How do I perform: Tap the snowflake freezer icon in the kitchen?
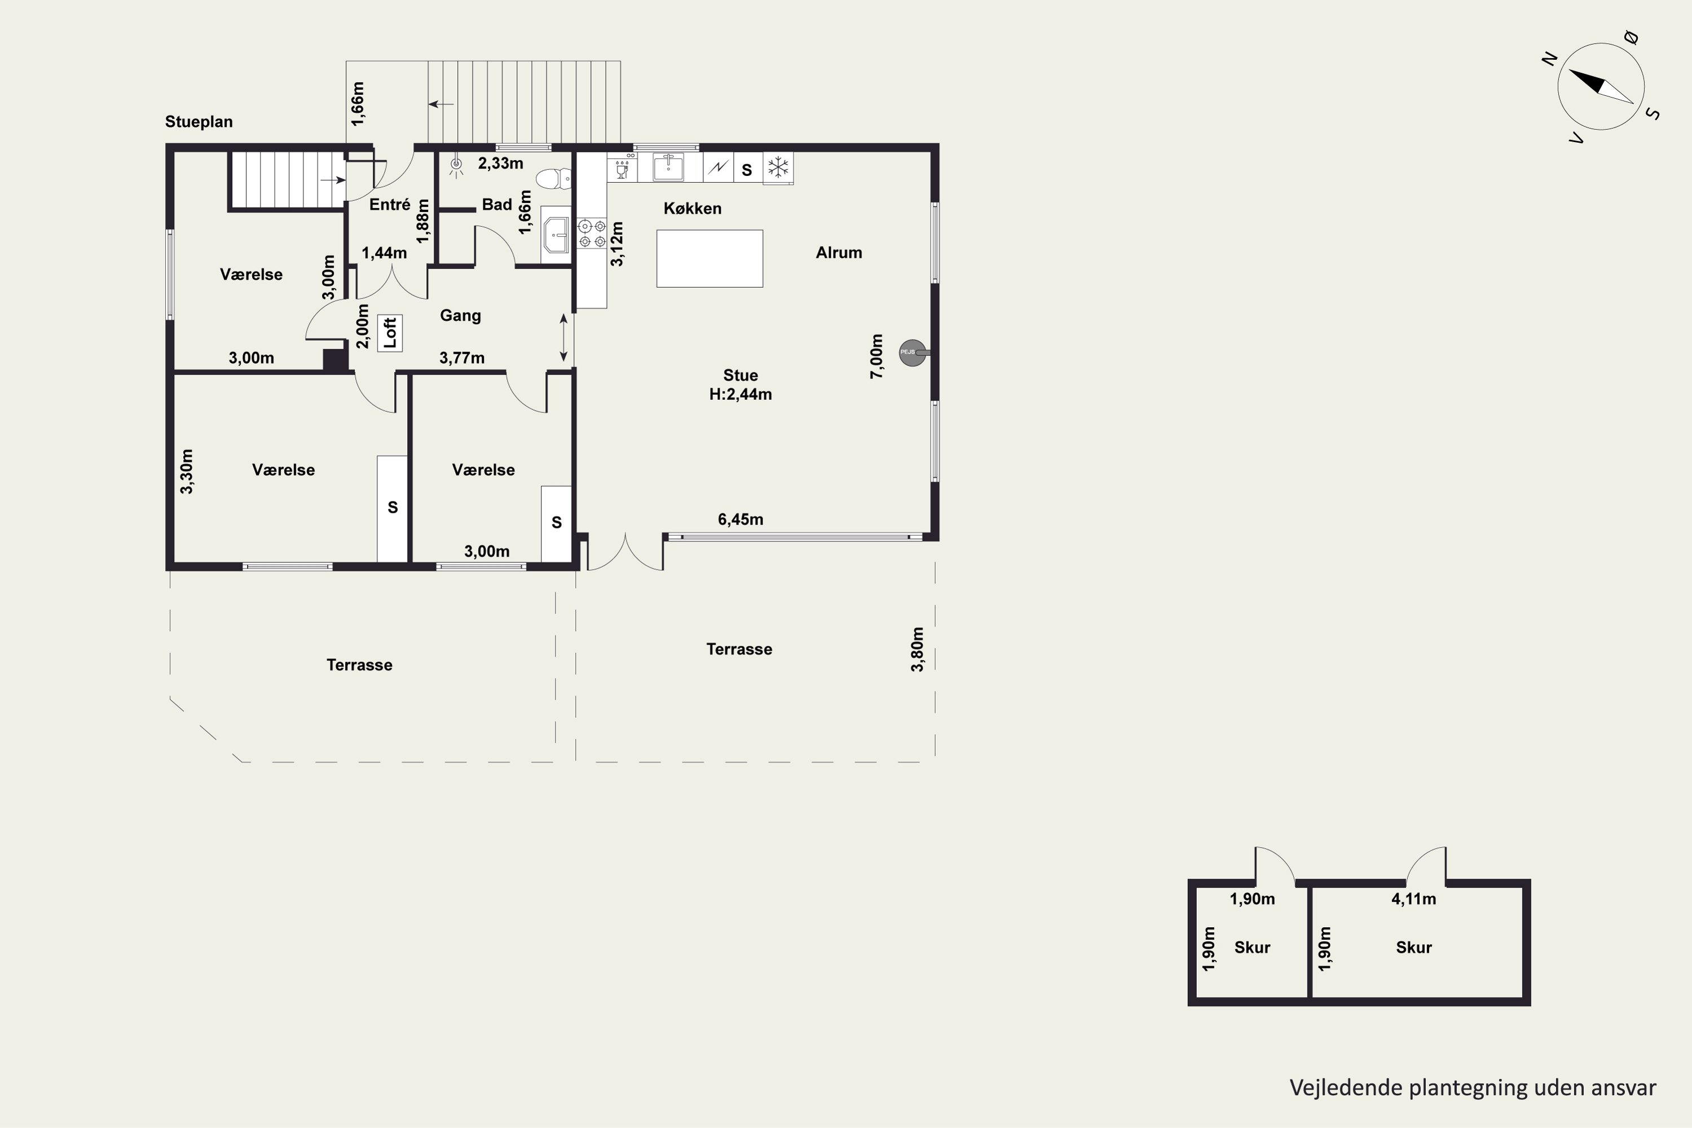778,168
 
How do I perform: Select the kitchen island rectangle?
710,258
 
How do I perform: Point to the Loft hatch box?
390,333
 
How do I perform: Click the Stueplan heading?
199,122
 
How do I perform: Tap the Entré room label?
390,204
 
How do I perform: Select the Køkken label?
692,209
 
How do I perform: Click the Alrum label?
839,253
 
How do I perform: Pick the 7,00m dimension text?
876,356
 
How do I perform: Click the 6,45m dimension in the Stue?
740,519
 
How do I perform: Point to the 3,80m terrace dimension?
917,650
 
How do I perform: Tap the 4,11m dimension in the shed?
1413,899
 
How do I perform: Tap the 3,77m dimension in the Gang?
462,358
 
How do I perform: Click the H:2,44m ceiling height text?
740,394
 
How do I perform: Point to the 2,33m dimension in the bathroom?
501,164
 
